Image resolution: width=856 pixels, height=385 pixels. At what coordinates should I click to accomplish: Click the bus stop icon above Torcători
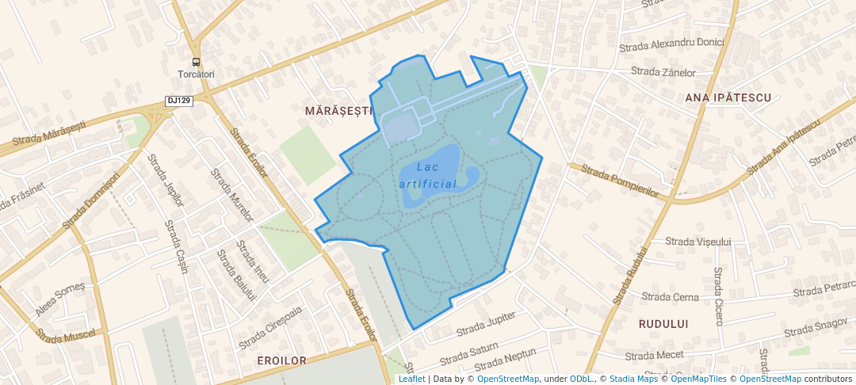196,62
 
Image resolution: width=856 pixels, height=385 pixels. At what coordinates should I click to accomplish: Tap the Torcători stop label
196,74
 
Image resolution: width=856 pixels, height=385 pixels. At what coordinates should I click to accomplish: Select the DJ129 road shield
179,101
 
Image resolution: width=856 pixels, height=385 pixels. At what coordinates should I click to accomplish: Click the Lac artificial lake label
428,175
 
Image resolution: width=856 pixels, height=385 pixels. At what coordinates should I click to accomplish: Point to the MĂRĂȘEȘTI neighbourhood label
338,112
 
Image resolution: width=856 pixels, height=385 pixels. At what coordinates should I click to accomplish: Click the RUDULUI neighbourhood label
663,324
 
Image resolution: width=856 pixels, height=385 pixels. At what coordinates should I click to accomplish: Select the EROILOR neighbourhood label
281,360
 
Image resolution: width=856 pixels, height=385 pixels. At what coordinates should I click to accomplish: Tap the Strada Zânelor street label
663,72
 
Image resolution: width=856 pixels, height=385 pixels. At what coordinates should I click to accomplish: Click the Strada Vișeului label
697,242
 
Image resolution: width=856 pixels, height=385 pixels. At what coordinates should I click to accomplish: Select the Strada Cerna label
671,297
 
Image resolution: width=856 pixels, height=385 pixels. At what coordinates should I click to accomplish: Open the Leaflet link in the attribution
411,379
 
